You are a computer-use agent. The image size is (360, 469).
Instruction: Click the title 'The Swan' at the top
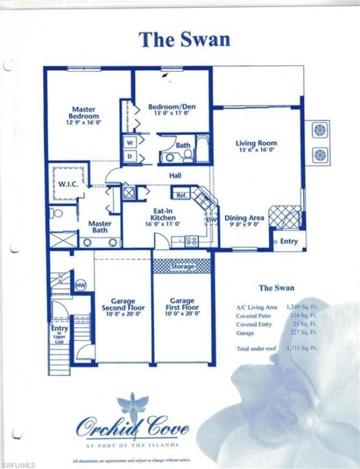pyautogui.click(x=184, y=39)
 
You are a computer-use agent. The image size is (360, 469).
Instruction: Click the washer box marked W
pyautogui.click(x=129, y=142)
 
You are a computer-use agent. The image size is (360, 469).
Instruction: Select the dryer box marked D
pyautogui.click(x=129, y=156)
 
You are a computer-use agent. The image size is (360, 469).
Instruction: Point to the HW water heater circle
pyautogui.click(x=80, y=285)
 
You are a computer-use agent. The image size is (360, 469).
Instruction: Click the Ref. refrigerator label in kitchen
pyautogui.click(x=181, y=195)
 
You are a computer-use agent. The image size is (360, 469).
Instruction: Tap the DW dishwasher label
pyautogui.click(x=212, y=220)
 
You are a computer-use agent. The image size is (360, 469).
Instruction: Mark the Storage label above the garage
pyautogui.click(x=183, y=265)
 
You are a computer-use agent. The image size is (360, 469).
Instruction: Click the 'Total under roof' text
pyautogui.click(x=256, y=349)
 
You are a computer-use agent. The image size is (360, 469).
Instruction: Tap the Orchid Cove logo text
pyautogui.click(x=133, y=430)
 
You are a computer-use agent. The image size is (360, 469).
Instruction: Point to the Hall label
pyautogui.click(x=175, y=176)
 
